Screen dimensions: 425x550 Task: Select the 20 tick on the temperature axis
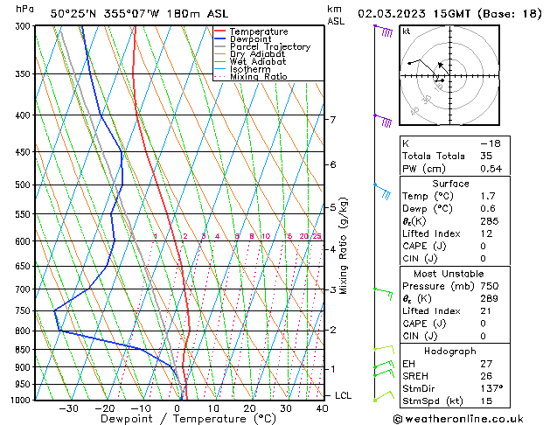249,408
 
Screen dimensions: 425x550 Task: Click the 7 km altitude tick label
332,119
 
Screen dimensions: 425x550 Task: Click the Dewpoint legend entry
251,39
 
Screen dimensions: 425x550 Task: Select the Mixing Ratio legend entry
258,77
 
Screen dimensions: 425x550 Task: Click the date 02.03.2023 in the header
387,14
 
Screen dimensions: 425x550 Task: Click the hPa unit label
25,9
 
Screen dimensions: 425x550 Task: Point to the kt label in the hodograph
407,31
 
